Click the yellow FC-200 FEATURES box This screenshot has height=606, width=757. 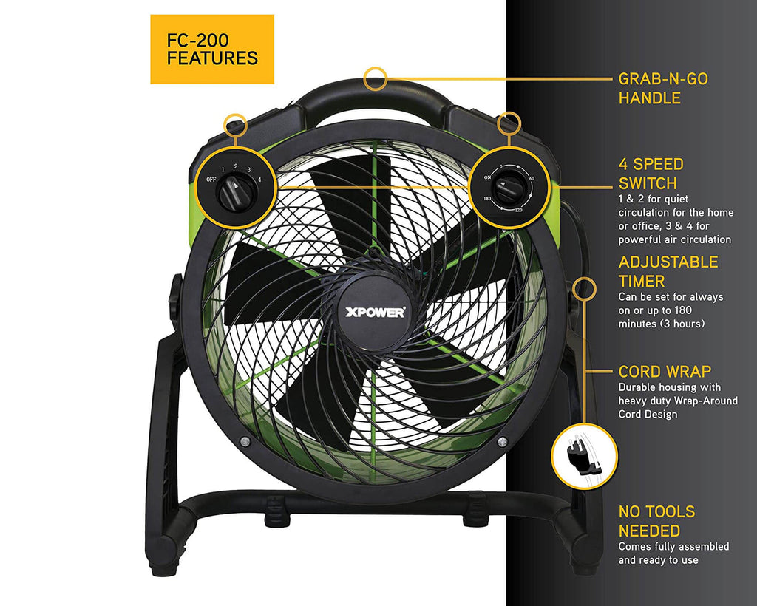212,49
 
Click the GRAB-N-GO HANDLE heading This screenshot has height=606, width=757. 663,88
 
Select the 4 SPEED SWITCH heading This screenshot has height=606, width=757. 651,174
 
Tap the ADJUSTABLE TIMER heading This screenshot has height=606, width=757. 668,271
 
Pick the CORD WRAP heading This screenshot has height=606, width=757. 664,372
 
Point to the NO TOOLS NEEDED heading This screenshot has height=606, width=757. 656,521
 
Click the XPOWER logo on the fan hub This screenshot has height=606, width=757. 376,311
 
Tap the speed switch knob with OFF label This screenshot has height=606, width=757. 237,193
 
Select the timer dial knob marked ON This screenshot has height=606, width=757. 509,189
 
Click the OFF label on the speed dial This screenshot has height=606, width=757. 211,180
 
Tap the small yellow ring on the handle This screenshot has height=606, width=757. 376,78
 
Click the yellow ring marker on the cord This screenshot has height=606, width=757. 584,287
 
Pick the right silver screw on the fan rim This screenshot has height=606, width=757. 502,441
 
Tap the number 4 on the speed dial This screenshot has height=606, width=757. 259,179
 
